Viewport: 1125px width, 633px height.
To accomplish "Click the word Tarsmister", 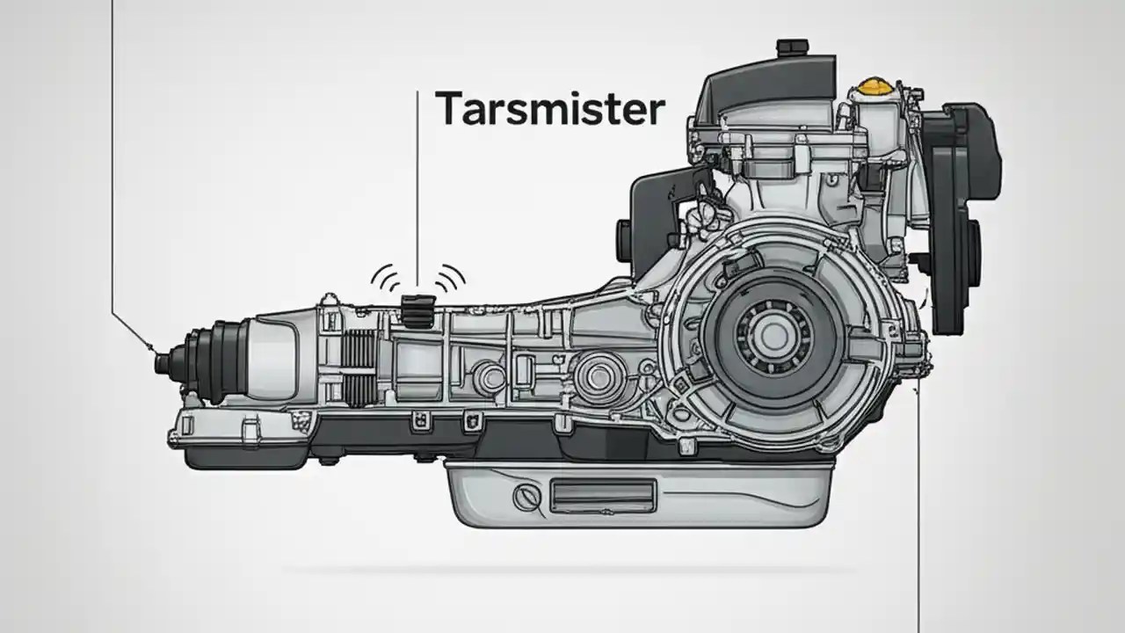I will tap(549, 109).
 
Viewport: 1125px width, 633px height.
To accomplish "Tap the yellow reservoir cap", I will tap(872, 87).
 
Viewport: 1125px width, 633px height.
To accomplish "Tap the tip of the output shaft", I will tap(161, 361).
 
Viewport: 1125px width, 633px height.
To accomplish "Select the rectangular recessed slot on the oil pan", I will tap(601, 494).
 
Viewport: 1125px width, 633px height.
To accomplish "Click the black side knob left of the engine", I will tap(624, 237).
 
